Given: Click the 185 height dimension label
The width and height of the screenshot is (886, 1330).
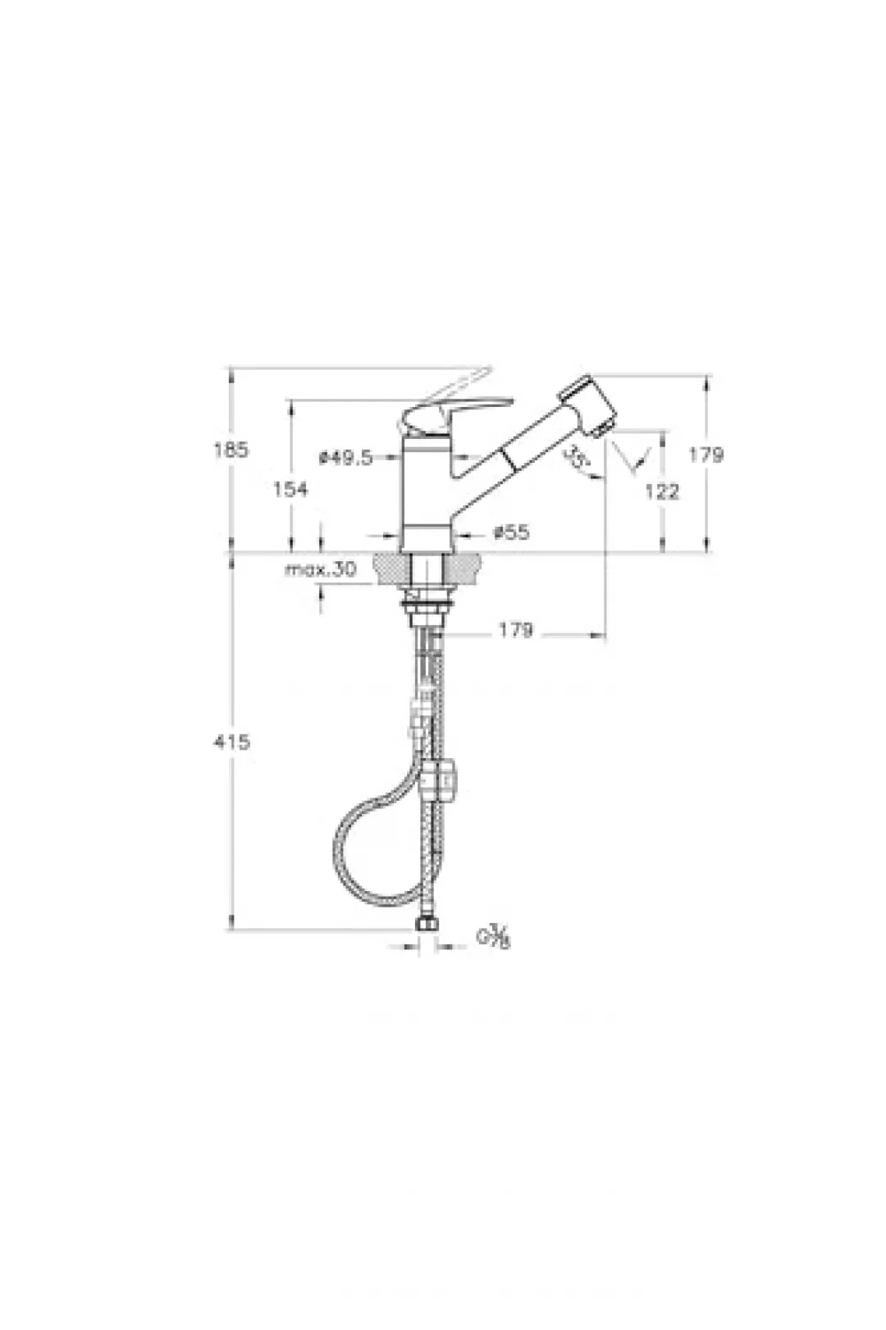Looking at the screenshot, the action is (x=231, y=450).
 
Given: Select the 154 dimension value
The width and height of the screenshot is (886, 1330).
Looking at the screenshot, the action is (x=290, y=489).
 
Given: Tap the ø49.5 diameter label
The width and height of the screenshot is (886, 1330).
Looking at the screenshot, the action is (x=345, y=457).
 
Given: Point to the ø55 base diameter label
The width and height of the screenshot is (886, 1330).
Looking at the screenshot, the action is (x=511, y=532).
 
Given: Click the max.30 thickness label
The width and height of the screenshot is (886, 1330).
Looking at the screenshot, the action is (x=321, y=569).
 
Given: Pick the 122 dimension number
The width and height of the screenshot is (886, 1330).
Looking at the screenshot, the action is (x=661, y=491).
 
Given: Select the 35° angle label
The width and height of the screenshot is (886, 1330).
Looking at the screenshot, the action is (x=575, y=456).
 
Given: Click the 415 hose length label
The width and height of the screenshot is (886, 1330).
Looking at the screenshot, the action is (x=232, y=742).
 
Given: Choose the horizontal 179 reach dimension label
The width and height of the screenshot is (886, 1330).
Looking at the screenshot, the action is (x=515, y=630).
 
